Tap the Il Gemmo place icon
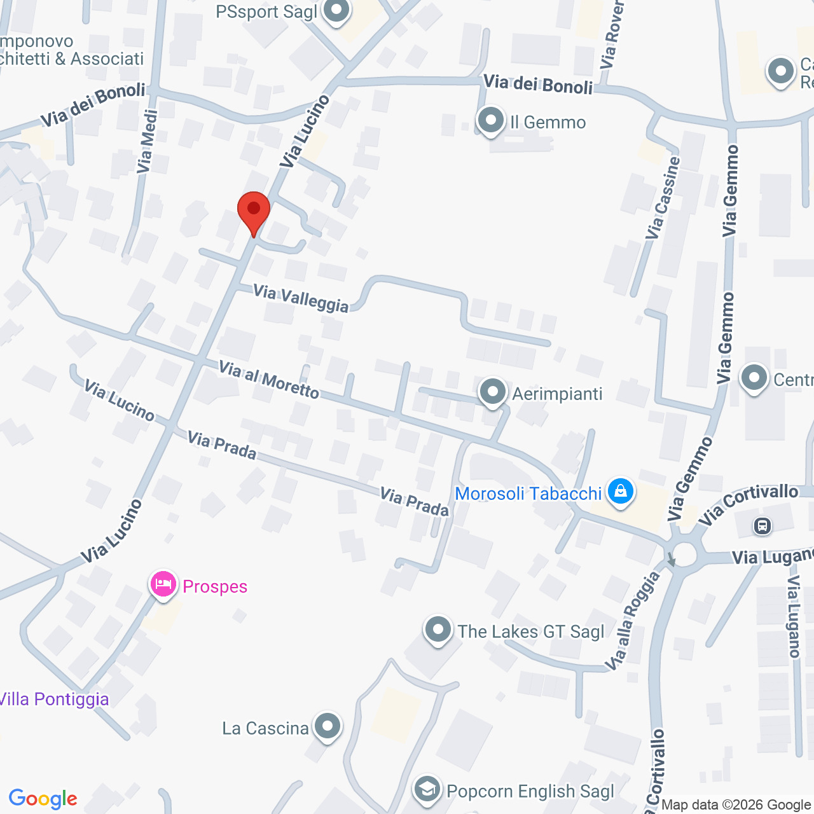[x=491, y=120]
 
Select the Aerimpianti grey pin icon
[x=493, y=392]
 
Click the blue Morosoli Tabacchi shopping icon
[x=620, y=491]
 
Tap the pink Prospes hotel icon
[x=163, y=584]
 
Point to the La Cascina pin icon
[x=328, y=726]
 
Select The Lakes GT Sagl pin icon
[x=438, y=630]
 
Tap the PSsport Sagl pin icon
[x=336, y=10]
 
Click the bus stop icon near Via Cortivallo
[x=762, y=526]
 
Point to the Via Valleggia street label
[x=301, y=298]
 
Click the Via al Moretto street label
[x=268, y=380]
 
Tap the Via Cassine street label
[x=663, y=198]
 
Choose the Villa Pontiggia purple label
[x=54, y=699]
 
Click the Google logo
[x=43, y=799]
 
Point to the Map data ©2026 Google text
[x=736, y=805]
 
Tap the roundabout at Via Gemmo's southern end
[x=682, y=553]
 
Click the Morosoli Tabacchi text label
[x=528, y=493]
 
